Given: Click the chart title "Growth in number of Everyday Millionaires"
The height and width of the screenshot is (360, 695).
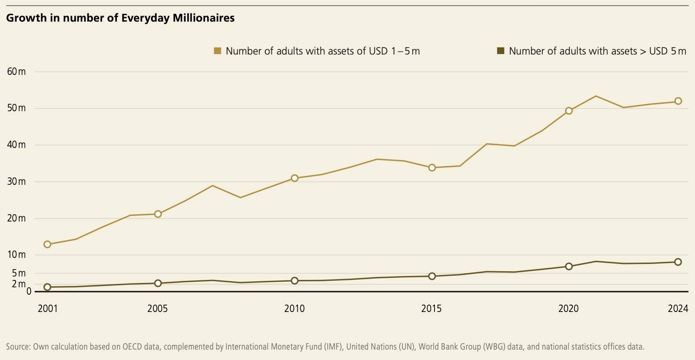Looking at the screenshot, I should [x=120, y=18].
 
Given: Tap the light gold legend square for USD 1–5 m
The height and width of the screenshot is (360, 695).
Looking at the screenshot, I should [x=218, y=51].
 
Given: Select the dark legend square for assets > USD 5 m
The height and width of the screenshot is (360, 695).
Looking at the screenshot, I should [x=501, y=51].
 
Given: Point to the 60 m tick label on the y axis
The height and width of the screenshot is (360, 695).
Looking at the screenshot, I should [x=16, y=72].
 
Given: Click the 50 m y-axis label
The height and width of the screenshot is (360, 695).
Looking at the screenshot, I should [x=16, y=108].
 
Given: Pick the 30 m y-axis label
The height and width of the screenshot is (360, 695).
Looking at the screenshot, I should [x=16, y=182].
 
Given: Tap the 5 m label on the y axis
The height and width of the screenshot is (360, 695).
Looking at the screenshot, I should [x=19, y=273].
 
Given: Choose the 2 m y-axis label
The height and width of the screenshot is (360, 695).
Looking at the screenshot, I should [x=19, y=284].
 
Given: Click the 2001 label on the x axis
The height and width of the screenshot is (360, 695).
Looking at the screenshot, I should [x=48, y=309].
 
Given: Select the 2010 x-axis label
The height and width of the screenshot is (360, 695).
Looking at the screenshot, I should [x=294, y=309].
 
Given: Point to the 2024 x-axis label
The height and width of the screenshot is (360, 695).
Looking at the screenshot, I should [x=678, y=309].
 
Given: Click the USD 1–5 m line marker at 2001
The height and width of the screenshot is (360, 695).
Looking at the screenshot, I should [x=48, y=244].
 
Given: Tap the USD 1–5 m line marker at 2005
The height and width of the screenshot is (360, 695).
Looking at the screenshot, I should [x=158, y=214].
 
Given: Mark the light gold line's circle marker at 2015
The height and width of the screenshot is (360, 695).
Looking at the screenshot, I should [x=432, y=167].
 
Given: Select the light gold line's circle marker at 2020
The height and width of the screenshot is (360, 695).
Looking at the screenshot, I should [x=569, y=111].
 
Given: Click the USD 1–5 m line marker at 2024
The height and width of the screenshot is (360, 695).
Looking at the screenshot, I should [x=678, y=101].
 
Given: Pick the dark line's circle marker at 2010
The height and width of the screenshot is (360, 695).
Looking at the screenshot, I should [x=295, y=281].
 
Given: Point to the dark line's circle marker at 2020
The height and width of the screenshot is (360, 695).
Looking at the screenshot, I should [x=569, y=267].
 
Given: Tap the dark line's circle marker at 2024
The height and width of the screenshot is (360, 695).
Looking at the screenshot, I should [x=678, y=262].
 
